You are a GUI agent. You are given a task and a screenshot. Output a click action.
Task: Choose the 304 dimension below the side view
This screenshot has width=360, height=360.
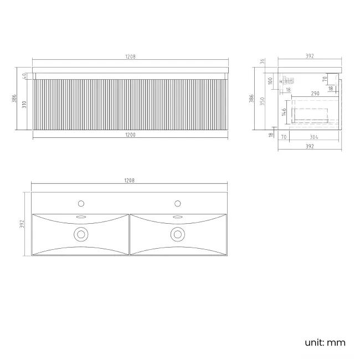pos(313,136)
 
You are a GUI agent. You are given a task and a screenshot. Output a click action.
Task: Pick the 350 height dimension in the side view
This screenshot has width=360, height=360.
pos(266,101)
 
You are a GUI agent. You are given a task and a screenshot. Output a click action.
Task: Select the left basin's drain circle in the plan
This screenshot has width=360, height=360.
pos(81,234)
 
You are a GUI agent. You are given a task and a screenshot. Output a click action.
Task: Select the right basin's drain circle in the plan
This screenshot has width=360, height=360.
pos(178,234)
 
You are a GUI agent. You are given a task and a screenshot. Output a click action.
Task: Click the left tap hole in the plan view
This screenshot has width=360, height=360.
pos(81,203)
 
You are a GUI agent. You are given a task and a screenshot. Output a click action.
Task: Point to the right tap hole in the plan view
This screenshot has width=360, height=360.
pos(178,203)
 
